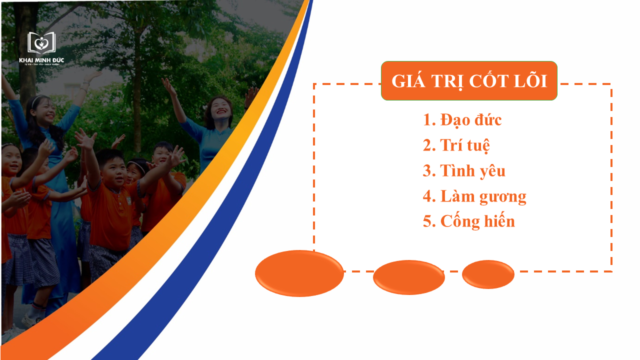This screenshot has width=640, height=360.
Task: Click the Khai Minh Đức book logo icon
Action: [41, 43]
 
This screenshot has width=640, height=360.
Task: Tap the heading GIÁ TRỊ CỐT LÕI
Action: [469, 81]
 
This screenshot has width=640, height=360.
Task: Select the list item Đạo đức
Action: [462, 120]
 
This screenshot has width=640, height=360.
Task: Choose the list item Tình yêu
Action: [464, 171]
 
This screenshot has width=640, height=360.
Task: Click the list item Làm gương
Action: [474, 196]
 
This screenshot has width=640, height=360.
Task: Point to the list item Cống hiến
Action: [468, 221]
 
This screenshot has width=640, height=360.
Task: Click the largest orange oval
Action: [299, 273]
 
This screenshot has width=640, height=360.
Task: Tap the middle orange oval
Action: [408, 277]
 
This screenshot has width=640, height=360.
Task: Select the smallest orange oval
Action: [488, 274]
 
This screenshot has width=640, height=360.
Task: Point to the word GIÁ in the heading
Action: [409, 81]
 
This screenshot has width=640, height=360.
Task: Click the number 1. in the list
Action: [429, 120]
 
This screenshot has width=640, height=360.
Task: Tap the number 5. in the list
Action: [429, 221]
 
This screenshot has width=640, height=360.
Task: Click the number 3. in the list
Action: [429, 171]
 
